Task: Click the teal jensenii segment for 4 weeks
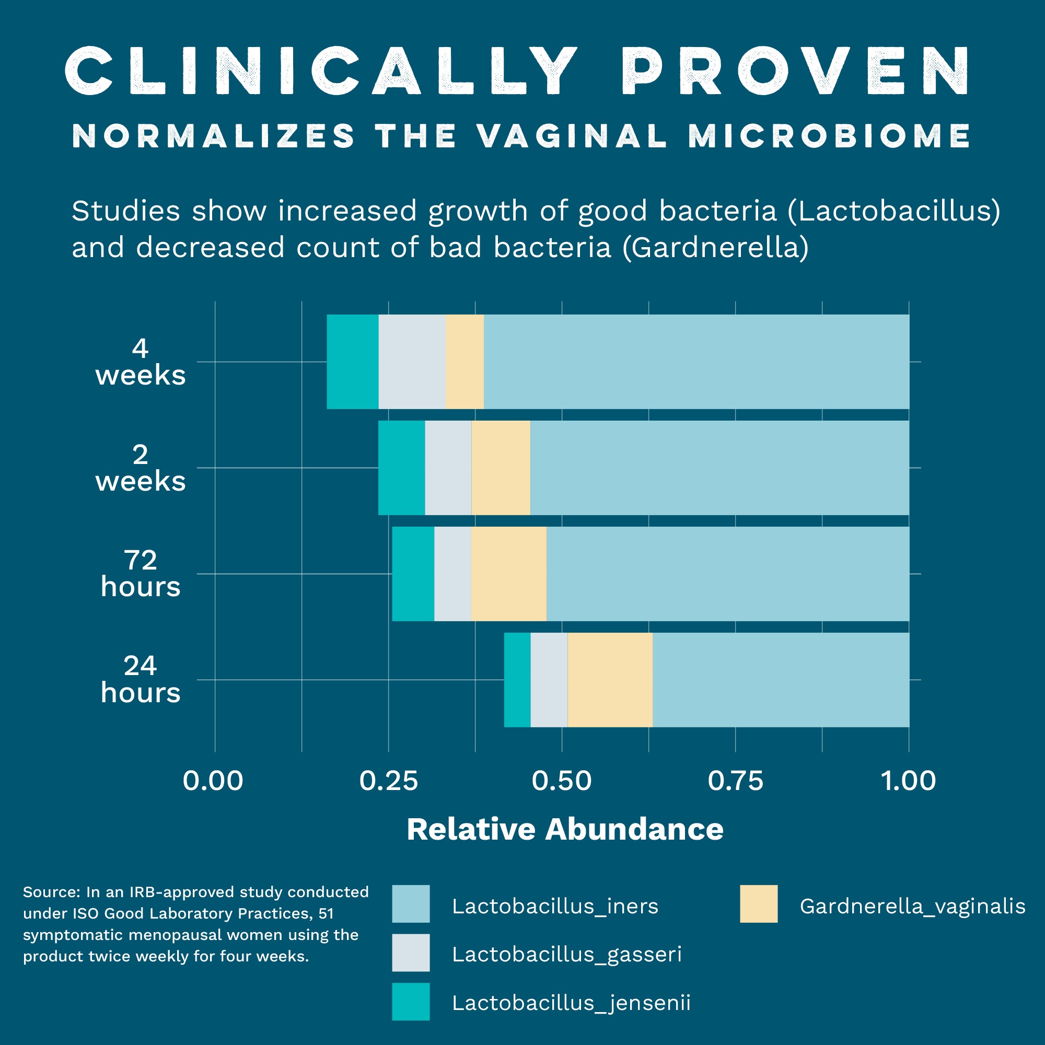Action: (353, 362)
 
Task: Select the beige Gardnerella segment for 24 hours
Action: (610, 680)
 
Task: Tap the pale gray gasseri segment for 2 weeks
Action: (448, 468)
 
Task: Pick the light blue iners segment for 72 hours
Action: (727, 574)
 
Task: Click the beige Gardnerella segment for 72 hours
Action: (508, 574)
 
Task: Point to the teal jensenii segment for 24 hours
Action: (517, 680)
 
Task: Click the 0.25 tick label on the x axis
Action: (388, 781)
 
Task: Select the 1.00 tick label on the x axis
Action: (908, 781)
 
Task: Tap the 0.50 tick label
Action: (562, 781)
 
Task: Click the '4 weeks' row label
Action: (141, 362)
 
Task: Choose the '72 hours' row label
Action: (141, 573)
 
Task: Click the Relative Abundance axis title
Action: (565, 829)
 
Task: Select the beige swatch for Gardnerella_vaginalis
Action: (758, 904)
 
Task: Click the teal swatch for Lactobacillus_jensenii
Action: (411, 1002)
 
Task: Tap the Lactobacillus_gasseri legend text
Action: (567, 954)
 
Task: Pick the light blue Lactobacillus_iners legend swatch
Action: (411, 904)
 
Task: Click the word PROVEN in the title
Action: (795, 72)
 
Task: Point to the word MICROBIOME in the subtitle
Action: (829, 136)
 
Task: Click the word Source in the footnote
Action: (51, 892)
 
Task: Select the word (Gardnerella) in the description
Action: (716, 248)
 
